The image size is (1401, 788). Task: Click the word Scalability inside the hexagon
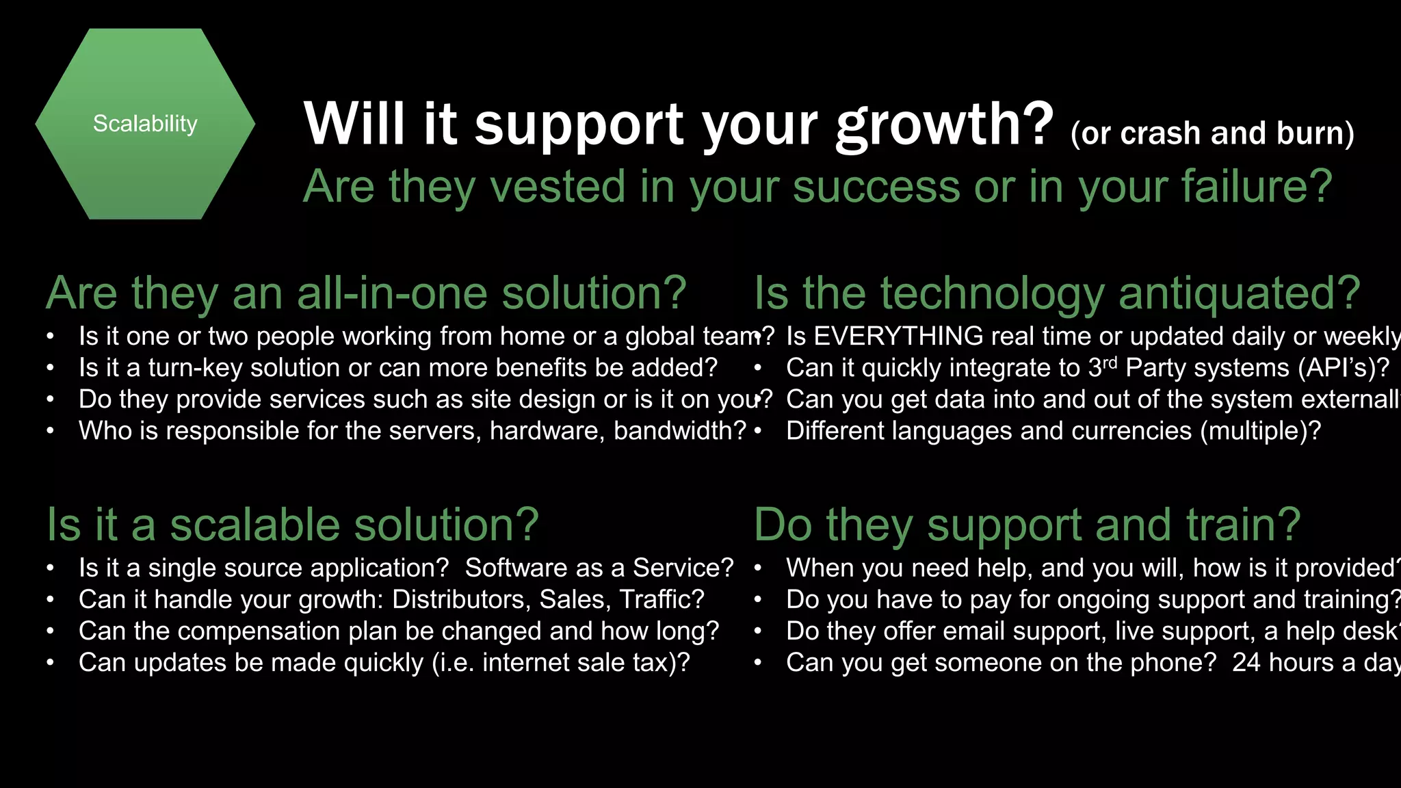tap(145, 124)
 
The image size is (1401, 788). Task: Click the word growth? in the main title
tap(945, 125)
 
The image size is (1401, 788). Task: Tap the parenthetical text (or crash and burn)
tap(1212, 133)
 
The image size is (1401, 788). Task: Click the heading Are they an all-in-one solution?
tap(366, 293)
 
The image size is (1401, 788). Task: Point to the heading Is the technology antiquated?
tap(1057, 293)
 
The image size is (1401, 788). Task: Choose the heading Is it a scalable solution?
tap(293, 525)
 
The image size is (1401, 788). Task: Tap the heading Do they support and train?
tap(1027, 525)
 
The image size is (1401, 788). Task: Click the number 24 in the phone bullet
tap(1246, 663)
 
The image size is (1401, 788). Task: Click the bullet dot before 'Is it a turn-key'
tap(51, 368)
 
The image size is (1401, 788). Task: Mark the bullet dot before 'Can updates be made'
tap(51, 663)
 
